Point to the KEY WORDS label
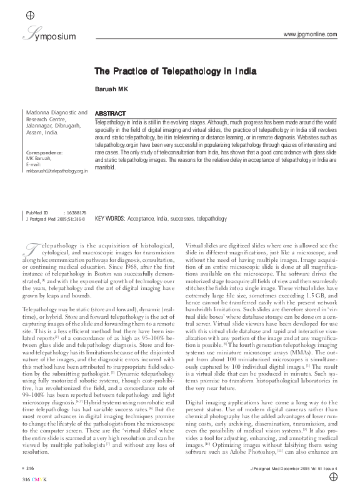click(x=109, y=219)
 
